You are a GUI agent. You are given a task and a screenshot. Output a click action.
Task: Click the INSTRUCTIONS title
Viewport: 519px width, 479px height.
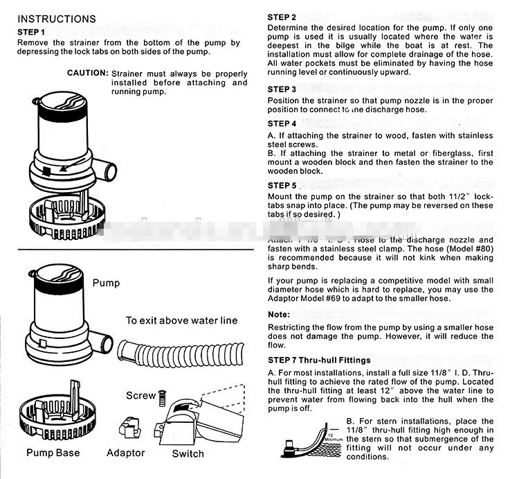tap(57, 19)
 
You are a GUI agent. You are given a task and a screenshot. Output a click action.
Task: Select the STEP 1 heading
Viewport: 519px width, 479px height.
tap(31, 32)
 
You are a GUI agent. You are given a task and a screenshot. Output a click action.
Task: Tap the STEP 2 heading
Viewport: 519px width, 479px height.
tap(282, 17)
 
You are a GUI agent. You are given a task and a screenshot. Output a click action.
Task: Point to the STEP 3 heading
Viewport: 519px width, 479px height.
tap(282, 89)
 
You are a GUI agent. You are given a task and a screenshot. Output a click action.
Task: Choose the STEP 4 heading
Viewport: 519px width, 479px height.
tap(282, 124)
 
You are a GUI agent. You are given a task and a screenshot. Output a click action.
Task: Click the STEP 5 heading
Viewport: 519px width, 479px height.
tap(282, 186)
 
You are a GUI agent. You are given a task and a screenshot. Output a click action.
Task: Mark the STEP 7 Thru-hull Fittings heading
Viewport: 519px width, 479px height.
tap(319, 360)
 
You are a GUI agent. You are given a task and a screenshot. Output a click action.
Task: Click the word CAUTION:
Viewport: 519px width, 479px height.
tap(87, 73)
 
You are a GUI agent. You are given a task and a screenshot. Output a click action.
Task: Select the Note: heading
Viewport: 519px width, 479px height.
tap(279, 315)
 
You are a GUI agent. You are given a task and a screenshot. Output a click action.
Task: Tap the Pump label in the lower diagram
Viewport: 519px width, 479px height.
tap(106, 283)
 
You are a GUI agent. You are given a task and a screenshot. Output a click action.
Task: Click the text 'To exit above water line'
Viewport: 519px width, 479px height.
tap(181, 320)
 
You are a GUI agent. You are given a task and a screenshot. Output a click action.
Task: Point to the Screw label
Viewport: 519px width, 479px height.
tap(140, 396)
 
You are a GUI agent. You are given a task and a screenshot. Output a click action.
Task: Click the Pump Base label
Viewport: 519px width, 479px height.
tap(53, 453)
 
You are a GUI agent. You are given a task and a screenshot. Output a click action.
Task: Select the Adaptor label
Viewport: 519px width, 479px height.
tap(126, 453)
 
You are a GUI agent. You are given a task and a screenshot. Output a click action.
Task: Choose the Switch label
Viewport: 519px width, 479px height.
tap(188, 453)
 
